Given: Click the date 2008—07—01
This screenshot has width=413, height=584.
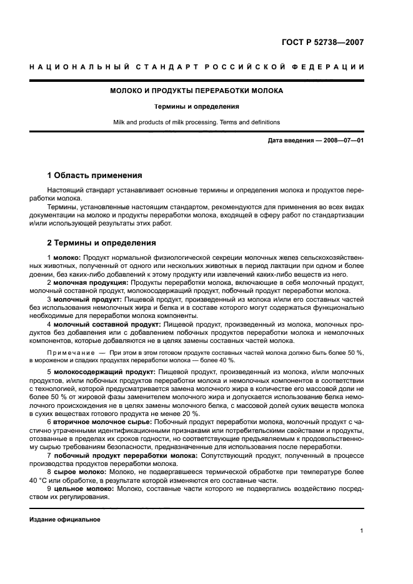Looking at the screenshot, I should [x=341, y=141].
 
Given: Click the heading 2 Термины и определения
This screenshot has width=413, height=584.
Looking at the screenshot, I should [x=102, y=243].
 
